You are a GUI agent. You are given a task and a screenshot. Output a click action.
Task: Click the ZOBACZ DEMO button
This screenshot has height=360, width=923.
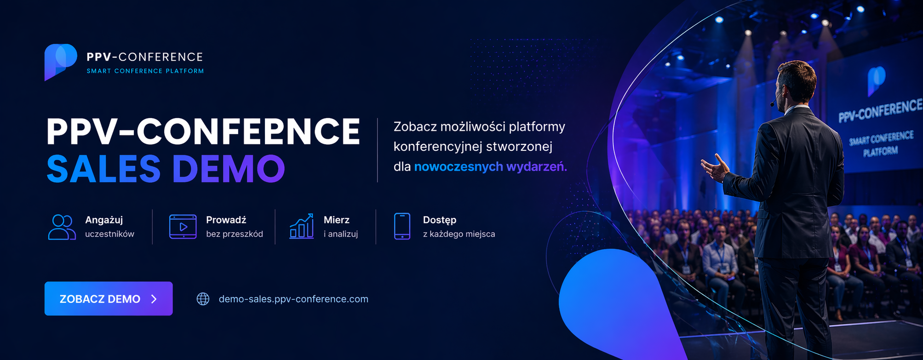coord(109,298)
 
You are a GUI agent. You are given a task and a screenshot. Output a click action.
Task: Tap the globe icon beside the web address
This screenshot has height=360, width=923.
coord(203,299)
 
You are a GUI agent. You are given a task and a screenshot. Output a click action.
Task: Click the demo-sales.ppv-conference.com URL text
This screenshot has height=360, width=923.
coord(293,299)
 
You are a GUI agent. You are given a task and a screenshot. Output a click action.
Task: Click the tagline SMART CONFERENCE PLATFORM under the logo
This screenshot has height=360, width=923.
coord(145,71)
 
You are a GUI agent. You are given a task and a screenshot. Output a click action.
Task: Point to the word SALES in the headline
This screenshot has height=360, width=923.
coord(103,169)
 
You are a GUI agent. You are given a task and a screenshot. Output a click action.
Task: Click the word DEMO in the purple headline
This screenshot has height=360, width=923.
coord(229,169)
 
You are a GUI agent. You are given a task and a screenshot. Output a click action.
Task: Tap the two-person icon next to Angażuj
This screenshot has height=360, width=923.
coord(62,227)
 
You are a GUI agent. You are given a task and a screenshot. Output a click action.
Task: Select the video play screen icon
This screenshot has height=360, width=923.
coord(183,227)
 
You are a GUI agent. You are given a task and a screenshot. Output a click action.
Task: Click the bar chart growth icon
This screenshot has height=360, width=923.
coord(302,226)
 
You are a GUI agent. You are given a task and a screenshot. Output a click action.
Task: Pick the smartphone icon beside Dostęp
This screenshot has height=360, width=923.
coord(402,226)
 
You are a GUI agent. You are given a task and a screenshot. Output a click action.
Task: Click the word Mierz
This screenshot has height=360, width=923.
coord(337,220)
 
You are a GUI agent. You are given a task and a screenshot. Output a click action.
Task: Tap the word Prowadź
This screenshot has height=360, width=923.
coord(226,220)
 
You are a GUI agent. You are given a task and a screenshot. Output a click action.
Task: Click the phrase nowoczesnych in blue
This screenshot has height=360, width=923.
coord(459,166)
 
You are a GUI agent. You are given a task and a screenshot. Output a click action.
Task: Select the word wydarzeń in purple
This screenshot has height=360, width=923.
coord(537,166)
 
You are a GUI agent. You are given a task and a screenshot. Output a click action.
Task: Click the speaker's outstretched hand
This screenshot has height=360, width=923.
coord(715,168)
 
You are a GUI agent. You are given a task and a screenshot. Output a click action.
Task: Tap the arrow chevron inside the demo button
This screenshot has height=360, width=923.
coord(154,299)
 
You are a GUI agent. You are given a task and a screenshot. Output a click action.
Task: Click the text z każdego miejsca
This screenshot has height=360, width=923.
coord(459,234)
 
